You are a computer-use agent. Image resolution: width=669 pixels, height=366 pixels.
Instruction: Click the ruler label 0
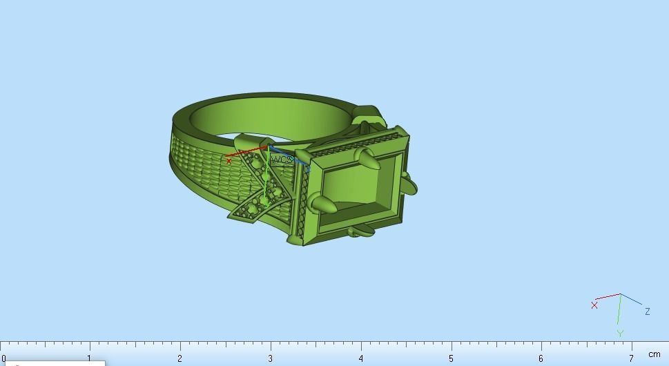pos(3,358)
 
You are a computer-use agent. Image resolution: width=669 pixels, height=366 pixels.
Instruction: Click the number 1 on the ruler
pos(89,358)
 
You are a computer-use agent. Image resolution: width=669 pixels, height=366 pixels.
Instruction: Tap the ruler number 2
pos(180,358)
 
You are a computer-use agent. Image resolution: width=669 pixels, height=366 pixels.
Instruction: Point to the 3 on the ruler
pos(270,358)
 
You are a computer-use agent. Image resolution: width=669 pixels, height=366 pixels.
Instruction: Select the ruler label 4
pos(360,358)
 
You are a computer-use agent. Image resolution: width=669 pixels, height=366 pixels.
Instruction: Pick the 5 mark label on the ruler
pos(451,358)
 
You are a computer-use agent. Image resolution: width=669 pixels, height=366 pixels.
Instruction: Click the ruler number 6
pos(541,358)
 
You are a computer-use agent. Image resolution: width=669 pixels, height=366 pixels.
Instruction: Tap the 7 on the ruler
pos(631,358)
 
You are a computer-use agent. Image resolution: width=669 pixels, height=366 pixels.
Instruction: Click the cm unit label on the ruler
pos(654,355)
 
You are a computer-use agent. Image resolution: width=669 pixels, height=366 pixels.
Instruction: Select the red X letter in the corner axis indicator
pos(594,305)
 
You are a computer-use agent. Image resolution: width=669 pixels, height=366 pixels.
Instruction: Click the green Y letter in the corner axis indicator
pos(620,334)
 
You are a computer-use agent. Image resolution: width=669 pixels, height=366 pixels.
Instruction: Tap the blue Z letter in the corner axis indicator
pos(647,312)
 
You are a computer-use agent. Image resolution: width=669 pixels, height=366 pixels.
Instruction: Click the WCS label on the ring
pos(281,160)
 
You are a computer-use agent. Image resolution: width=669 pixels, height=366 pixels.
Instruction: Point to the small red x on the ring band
pos(229,161)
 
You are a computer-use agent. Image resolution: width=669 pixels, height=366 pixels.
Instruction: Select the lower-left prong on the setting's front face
pos(322,204)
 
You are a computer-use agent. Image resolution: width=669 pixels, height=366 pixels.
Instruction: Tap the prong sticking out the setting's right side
pos(408,185)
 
